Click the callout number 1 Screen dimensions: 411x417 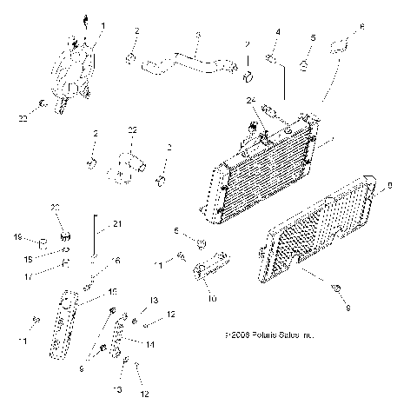[103, 27]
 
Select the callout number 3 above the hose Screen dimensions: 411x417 [198, 36]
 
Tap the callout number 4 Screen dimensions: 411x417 [278, 32]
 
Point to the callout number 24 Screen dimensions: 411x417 [251, 100]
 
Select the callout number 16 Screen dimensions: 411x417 [116, 261]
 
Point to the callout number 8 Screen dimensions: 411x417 [389, 185]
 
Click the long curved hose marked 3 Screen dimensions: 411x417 [186, 61]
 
